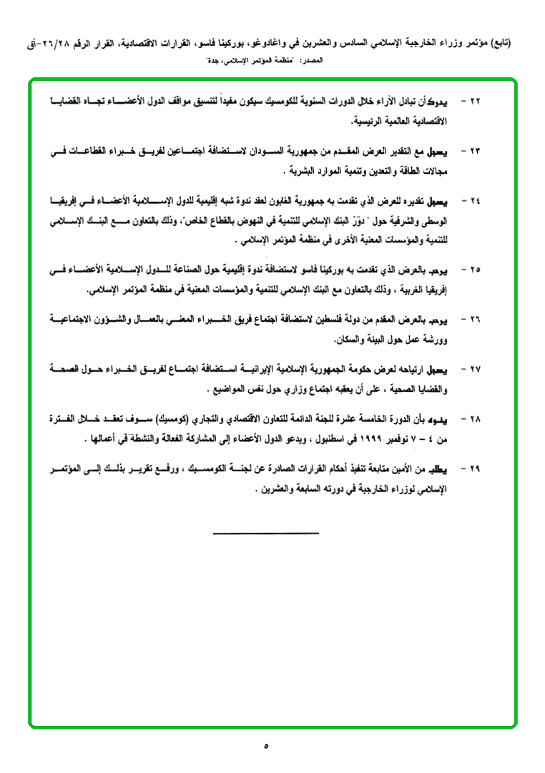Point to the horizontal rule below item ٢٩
(x=265, y=532)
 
